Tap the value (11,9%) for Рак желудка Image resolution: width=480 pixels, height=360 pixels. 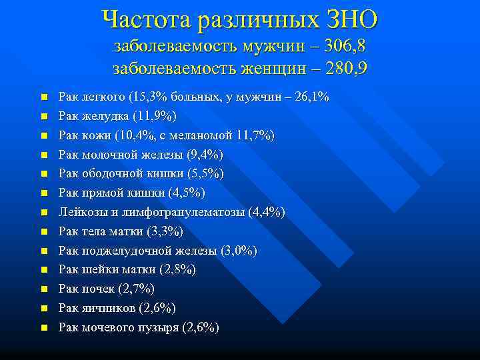click(155, 117)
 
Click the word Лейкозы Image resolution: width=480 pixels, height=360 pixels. click(81, 213)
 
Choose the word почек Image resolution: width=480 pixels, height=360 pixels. click(96, 289)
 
